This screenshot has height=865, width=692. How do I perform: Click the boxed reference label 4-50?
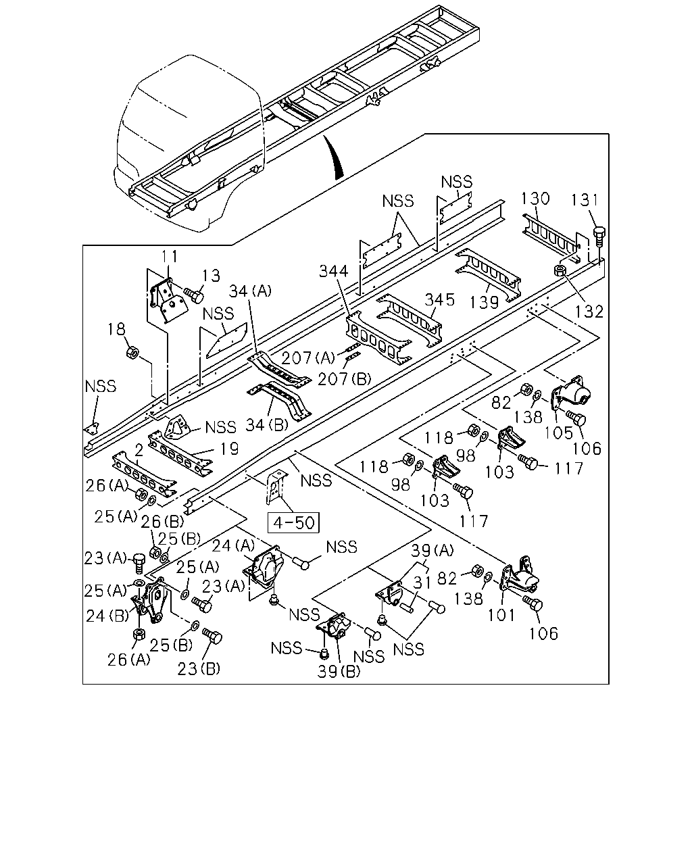tap(293, 522)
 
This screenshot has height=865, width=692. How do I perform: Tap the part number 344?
tap(333, 271)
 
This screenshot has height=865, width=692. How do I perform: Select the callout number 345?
tap(439, 299)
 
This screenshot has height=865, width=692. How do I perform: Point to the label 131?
tap(585, 200)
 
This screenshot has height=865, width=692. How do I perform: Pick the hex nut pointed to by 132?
tap(560, 270)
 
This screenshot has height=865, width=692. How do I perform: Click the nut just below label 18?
tap(132, 353)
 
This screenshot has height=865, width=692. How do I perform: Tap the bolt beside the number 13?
tap(193, 295)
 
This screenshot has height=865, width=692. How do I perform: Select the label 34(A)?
tap(250, 291)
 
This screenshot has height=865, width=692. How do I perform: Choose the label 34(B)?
tap(267, 424)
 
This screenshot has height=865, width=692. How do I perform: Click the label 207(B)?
tap(345, 379)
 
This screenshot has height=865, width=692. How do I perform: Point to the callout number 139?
tap(484, 303)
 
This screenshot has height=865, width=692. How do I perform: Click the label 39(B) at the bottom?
tap(339, 672)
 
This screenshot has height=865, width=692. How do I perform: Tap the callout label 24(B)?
tap(107, 616)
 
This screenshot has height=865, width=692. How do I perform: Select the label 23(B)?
tap(199, 668)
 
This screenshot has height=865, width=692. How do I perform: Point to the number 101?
tap(501, 615)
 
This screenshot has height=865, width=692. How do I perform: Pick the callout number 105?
tap(558, 433)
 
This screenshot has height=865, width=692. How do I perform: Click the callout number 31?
tap(422, 582)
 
